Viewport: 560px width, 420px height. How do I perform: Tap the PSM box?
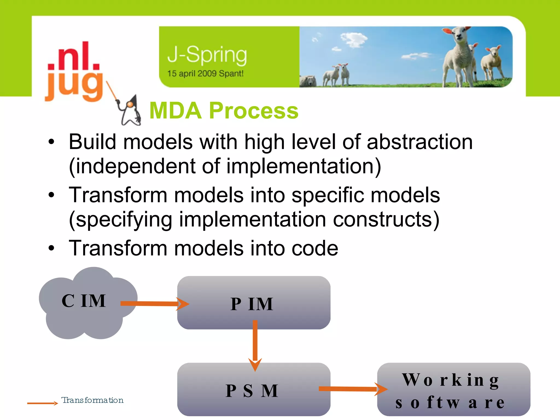tap(253, 402)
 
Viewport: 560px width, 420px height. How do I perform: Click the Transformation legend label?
tap(92, 400)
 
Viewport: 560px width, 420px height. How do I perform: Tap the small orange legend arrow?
tap(42, 403)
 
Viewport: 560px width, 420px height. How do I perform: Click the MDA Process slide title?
tap(224, 110)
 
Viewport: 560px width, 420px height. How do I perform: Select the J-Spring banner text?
tap(207, 55)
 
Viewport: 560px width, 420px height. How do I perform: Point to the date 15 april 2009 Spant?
tap(205, 74)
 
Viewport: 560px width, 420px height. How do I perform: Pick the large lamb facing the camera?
tap(459, 55)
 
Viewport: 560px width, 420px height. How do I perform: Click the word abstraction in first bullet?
tap(419, 142)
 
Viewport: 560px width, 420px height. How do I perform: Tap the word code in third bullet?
tap(315, 248)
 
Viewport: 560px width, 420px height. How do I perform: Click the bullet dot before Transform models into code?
tap(51, 248)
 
